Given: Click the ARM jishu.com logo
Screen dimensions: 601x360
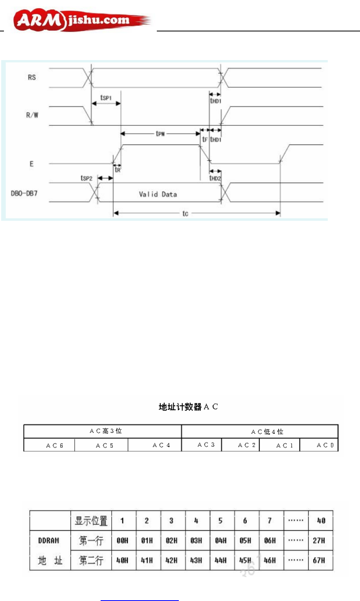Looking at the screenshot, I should click(x=81, y=21).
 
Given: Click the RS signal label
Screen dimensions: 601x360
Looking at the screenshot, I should click(x=32, y=77).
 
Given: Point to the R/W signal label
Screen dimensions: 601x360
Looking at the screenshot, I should click(x=32, y=115).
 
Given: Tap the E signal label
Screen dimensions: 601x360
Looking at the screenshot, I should click(x=32, y=164).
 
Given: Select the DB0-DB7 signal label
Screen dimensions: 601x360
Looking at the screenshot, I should click(x=24, y=193).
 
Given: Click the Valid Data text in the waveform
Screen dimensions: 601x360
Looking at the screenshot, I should click(x=158, y=194).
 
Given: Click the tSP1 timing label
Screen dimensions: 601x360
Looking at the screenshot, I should click(x=106, y=97).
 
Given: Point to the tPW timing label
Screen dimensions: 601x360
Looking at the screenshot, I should click(x=160, y=134).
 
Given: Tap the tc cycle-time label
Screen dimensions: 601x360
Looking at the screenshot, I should click(x=185, y=213).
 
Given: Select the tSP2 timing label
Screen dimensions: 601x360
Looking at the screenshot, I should click(x=86, y=178).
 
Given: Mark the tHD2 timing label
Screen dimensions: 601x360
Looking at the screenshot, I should click(x=215, y=178).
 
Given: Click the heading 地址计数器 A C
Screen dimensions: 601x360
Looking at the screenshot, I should click(x=188, y=407).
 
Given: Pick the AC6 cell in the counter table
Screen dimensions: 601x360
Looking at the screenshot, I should click(x=55, y=445).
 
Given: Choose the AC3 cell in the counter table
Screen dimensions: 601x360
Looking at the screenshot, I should click(x=206, y=445).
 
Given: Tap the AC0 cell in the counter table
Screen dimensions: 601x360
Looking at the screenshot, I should click(x=325, y=445).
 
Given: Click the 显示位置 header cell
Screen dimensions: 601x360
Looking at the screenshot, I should click(x=91, y=521).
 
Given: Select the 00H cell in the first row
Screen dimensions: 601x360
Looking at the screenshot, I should click(x=123, y=541).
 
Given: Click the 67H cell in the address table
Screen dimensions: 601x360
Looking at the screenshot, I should click(x=319, y=560).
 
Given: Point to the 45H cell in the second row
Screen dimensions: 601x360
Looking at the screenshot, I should click(x=245, y=560).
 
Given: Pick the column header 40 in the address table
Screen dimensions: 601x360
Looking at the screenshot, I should click(x=321, y=521).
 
